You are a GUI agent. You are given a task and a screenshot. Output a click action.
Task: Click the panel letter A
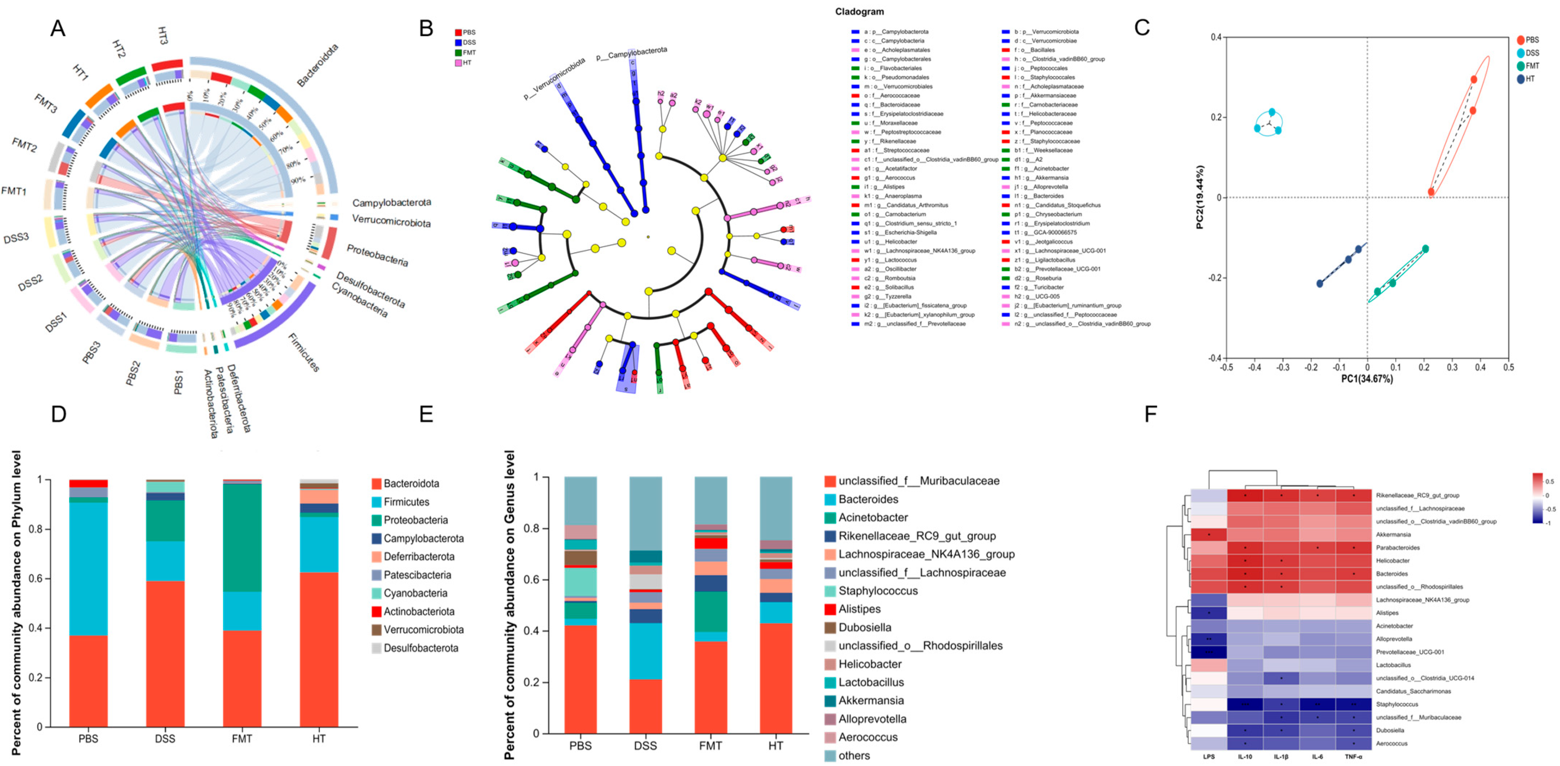tap(58, 28)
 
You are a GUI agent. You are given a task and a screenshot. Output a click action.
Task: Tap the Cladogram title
tap(859, 12)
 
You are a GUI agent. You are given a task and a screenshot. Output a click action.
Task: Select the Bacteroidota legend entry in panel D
tap(411, 483)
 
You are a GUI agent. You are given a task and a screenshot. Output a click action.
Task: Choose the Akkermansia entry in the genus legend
tap(871, 701)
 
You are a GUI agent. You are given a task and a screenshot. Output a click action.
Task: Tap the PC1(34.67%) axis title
tap(1367, 379)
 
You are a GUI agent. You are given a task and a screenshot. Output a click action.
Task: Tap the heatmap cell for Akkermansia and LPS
tap(1209, 535)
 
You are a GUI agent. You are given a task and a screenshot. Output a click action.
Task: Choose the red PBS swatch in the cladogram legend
tap(458, 33)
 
